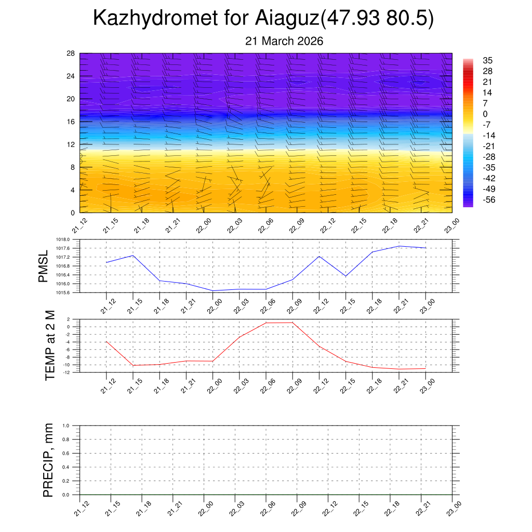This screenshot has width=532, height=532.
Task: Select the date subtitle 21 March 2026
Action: [284, 41]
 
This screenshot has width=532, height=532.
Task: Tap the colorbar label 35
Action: [487, 60]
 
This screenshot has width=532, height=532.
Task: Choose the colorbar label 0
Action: [485, 114]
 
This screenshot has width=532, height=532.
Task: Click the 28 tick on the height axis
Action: [71, 54]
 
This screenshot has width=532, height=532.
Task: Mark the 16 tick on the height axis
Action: [71, 122]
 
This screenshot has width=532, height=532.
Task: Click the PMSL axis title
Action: [44, 266]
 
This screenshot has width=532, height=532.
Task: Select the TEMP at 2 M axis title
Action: [50, 345]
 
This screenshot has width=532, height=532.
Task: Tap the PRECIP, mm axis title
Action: [48, 460]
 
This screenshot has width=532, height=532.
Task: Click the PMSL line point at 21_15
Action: [132, 255]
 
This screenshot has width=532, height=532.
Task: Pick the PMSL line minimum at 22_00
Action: [212, 290]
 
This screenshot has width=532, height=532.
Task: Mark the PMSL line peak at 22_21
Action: [399, 246]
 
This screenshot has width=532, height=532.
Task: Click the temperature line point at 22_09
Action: [292, 323]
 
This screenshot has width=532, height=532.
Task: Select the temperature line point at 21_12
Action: [106, 341]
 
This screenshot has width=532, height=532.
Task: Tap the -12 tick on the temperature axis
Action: [68, 373]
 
